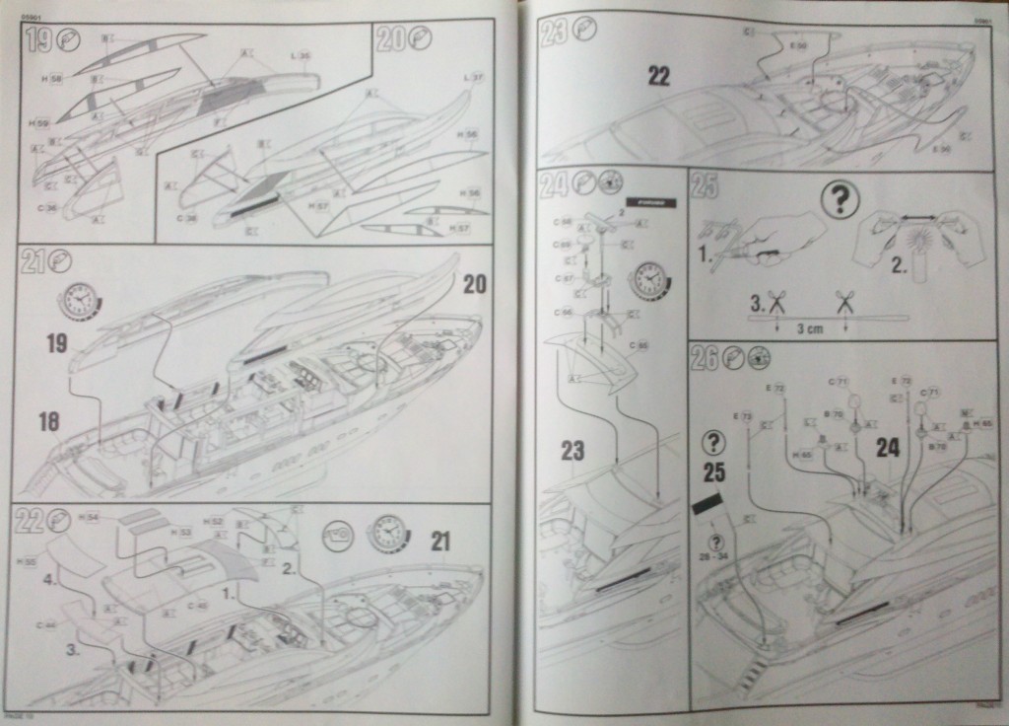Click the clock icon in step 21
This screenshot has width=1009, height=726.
click(80, 300)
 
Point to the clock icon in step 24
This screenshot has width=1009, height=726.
click(648, 279)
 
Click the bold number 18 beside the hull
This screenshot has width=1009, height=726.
click(49, 422)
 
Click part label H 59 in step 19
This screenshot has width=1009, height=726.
click(40, 122)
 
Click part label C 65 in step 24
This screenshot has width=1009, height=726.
click(641, 345)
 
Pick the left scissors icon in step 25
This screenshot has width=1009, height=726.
click(776, 304)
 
